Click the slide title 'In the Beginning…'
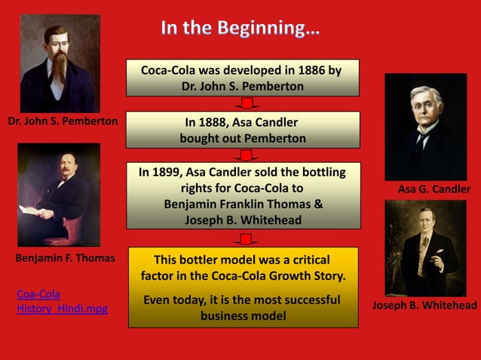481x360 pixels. tap(240, 29)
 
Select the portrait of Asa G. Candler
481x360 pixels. tap(426, 126)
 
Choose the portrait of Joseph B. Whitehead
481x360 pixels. tap(425, 248)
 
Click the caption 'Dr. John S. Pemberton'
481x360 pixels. tap(63, 121)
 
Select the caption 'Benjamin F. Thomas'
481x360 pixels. tap(65, 258)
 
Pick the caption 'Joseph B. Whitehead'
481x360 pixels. tap(425, 305)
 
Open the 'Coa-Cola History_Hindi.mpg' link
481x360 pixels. tap(61, 301)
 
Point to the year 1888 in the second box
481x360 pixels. tap(213, 123)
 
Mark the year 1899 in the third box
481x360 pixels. tap(168, 172)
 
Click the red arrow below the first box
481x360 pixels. tap(244, 103)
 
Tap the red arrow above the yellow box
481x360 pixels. tap(244, 238)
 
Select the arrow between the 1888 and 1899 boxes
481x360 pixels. tap(244, 155)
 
